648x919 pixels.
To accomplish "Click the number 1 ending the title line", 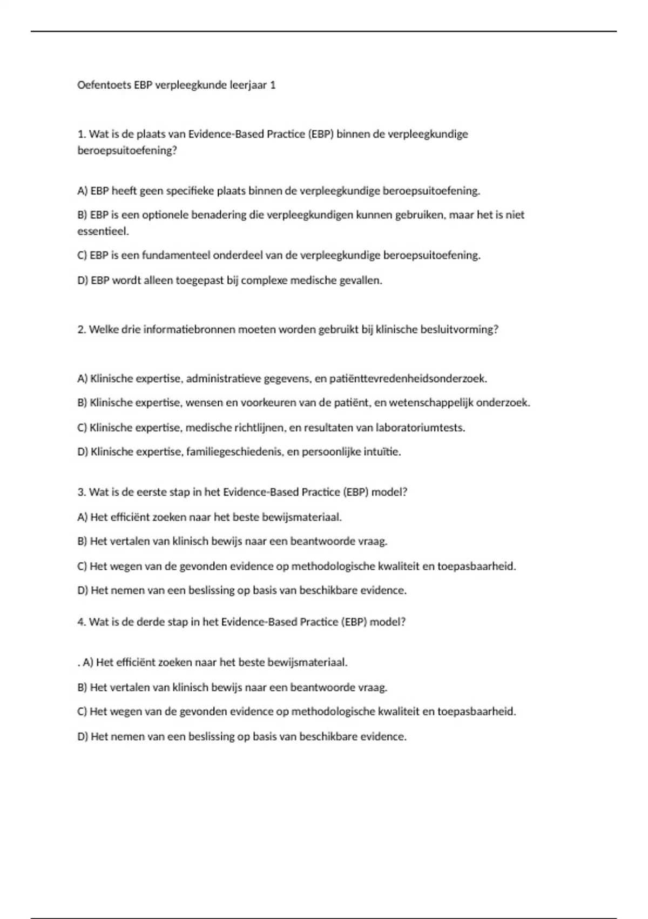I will tap(273, 85).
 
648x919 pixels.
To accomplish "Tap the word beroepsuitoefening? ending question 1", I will tap(127, 150).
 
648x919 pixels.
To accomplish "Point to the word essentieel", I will tap(103, 231).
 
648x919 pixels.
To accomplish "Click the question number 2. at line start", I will tap(82, 329).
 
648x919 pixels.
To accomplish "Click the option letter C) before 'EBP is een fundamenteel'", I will tap(82, 255).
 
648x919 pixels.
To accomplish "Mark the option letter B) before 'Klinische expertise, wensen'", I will tap(82, 403).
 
